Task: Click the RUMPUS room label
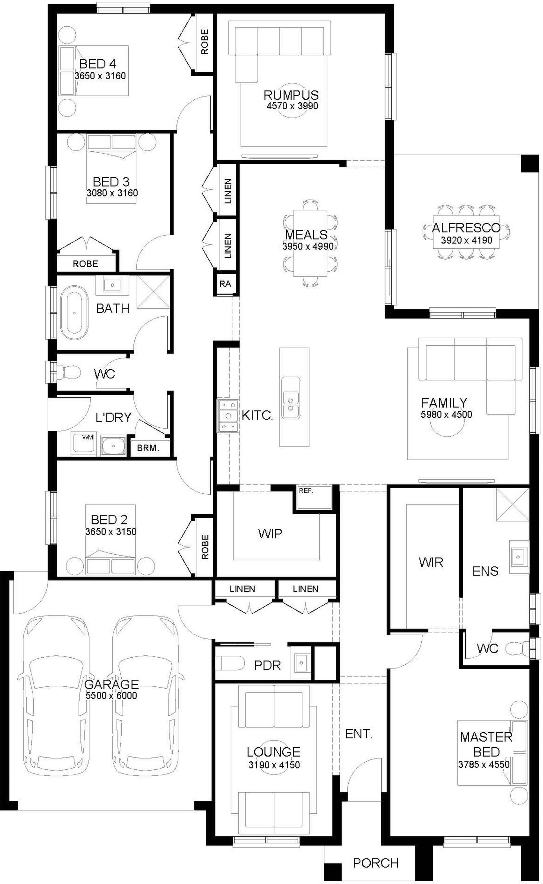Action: (291, 95)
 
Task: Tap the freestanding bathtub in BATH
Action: (74, 313)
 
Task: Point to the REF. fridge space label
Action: (306, 491)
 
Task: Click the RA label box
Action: (225, 284)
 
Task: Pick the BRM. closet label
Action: (148, 448)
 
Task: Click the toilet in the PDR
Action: (230, 662)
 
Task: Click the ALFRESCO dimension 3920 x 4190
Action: (466, 240)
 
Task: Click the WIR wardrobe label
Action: (431, 562)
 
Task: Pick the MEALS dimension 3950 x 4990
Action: (308, 246)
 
